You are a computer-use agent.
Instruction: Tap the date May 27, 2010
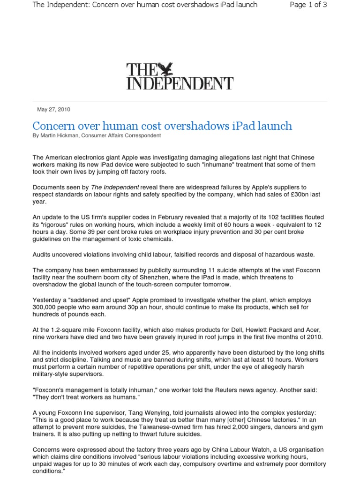53,110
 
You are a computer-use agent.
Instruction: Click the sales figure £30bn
290,194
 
